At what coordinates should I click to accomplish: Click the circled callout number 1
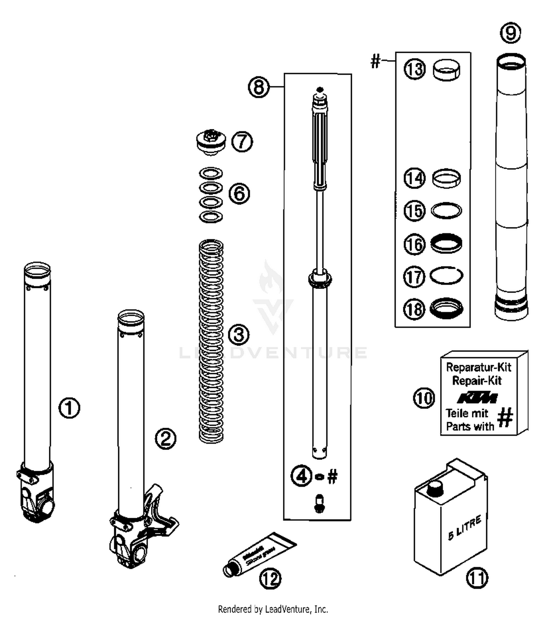coord(69,408)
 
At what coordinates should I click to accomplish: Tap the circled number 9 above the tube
coord(510,33)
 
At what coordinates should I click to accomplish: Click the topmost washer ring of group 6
coord(211,173)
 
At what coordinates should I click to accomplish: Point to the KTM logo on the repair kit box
coord(478,398)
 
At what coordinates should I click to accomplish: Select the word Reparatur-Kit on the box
coord(478,367)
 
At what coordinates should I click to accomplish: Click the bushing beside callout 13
coord(446,70)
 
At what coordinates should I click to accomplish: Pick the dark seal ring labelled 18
coord(446,308)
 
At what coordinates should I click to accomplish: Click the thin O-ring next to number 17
coord(446,275)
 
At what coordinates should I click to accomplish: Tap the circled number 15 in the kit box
coord(415,211)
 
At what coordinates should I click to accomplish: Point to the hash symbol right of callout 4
coord(332,476)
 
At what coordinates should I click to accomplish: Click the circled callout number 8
coord(259,87)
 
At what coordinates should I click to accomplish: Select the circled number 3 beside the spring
coord(239,335)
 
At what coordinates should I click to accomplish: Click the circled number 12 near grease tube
coord(270,578)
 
